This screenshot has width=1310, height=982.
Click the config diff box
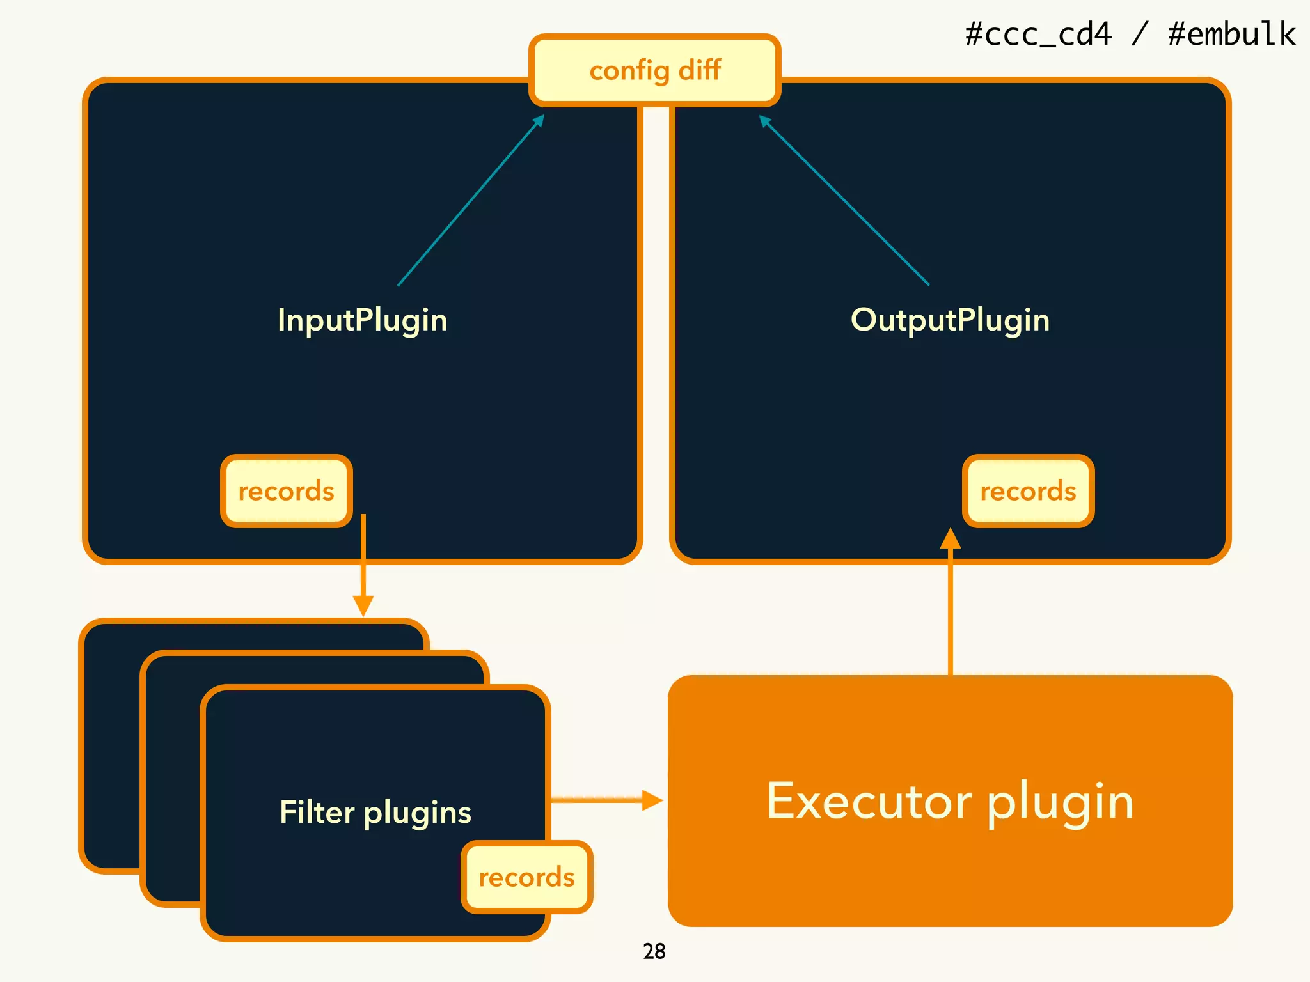[654, 70]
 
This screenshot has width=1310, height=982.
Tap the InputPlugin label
[362, 320]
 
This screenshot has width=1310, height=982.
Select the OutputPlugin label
[950, 320]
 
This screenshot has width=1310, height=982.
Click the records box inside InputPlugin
[286, 491]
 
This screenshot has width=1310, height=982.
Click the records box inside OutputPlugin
[1028, 491]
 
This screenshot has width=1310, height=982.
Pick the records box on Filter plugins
[526, 877]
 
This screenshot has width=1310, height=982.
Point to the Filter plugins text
[375, 813]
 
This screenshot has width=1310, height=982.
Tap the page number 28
[654, 951]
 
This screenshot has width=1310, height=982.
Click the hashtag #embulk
[1231, 34]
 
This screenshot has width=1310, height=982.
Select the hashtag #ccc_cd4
[1038, 34]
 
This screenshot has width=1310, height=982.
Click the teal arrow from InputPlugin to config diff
[470, 200]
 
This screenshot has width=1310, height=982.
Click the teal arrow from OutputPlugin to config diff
[844, 200]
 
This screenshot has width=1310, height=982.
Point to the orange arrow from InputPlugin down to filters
[363, 563]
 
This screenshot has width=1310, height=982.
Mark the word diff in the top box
[699, 70]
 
